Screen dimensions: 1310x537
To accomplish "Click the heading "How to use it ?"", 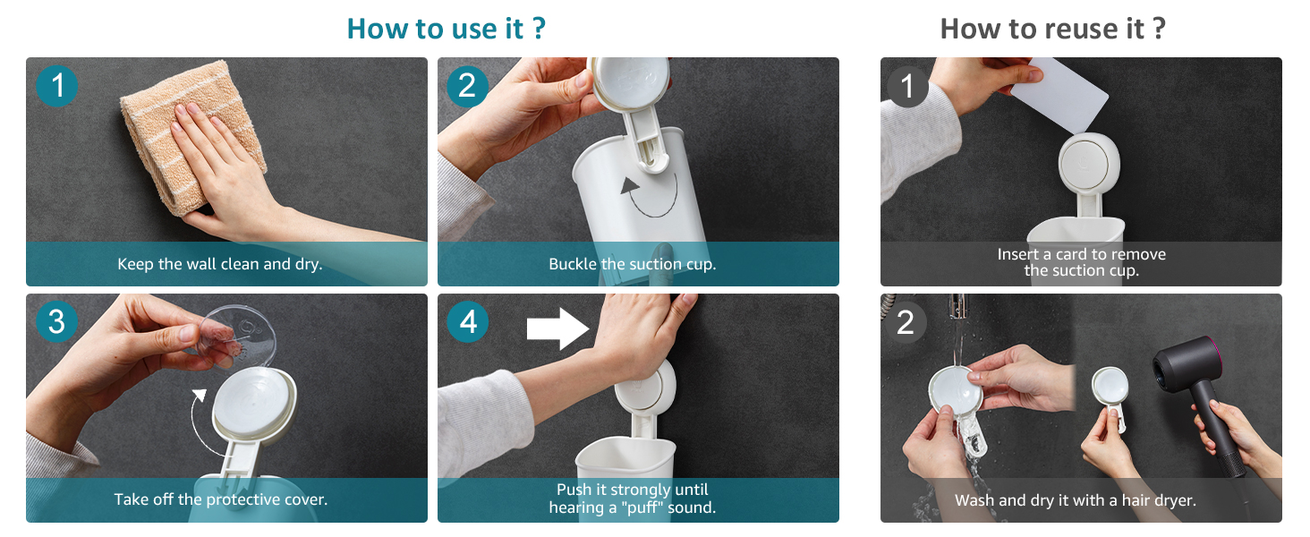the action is [447, 29].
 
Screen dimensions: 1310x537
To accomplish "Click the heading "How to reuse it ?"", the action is [1052, 29].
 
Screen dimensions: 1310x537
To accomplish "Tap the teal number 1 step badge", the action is [56, 85].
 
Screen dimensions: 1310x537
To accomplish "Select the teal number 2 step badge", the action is [467, 85].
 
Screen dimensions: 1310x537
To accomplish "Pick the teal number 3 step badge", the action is [56, 321].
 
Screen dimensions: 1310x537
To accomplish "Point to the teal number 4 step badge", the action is [468, 321].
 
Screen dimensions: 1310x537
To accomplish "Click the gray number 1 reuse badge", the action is [907, 87].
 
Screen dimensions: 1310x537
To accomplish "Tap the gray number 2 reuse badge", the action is [906, 322].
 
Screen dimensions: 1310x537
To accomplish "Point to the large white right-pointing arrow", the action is [557, 328].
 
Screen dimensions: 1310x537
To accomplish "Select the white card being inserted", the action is [1059, 94].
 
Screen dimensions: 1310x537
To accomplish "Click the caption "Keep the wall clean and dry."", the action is [220, 264].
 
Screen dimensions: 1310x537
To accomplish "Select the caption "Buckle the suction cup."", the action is [633, 264].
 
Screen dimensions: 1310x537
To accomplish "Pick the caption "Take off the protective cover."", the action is [221, 499].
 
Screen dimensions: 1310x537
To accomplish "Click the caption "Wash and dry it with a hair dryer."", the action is [1076, 500].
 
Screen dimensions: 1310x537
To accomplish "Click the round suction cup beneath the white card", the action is [1089, 163].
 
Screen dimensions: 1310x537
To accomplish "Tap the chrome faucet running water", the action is [957, 306].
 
